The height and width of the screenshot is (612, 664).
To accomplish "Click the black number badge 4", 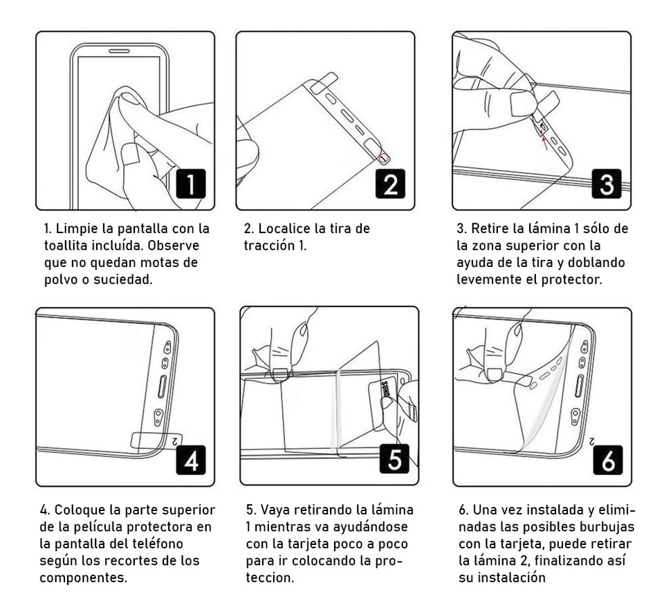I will click(x=191, y=458).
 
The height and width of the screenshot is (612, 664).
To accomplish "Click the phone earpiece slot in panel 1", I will click(x=120, y=50).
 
